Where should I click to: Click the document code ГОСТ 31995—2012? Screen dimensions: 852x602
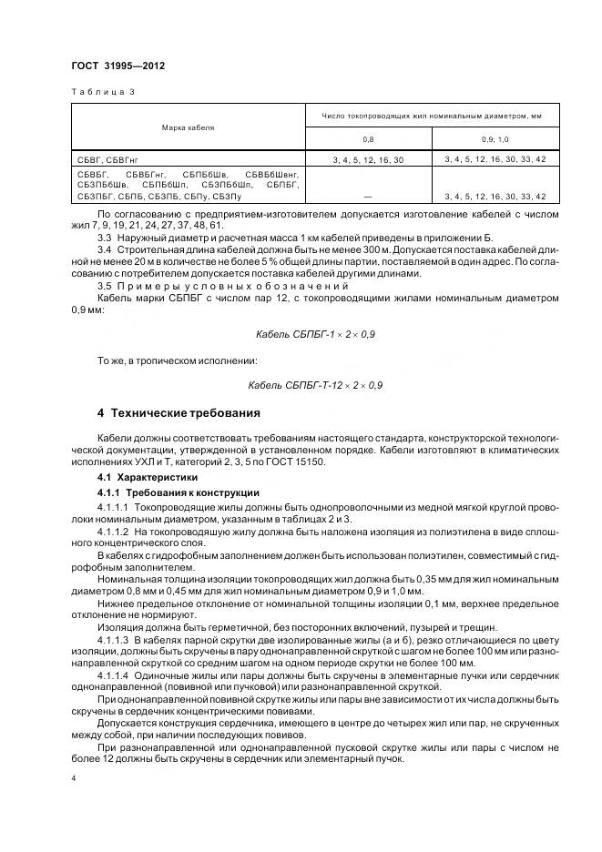pos(117,67)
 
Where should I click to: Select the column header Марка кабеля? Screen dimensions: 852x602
pos(189,127)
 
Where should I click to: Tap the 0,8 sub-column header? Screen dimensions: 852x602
pos(368,139)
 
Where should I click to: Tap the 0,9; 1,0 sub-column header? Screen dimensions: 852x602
pos(495,139)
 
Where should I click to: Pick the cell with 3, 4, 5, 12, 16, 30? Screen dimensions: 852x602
pos(368,159)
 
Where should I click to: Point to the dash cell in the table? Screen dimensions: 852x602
pos(368,197)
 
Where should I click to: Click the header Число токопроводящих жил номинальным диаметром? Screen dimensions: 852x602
pos(431,116)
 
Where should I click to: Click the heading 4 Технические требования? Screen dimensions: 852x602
pos(178,412)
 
